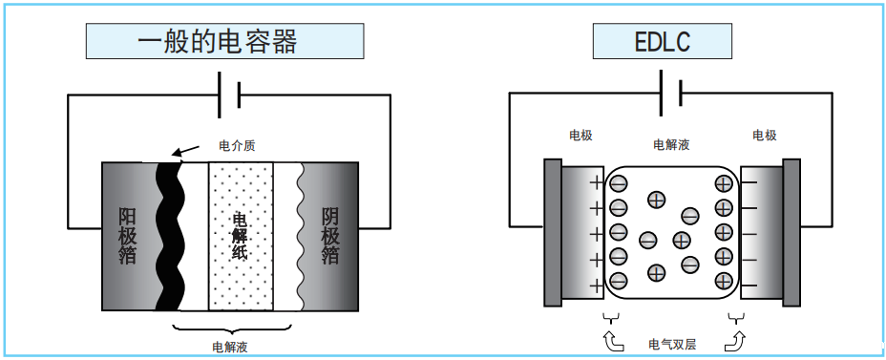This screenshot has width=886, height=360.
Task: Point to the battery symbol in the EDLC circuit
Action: tap(670, 94)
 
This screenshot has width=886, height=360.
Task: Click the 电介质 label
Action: tap(238, 146)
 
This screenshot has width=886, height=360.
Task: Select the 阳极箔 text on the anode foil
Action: tap(127, 235)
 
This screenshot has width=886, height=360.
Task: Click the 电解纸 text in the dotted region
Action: tap(241, 235)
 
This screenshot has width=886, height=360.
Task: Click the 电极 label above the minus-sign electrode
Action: tap(764, 136)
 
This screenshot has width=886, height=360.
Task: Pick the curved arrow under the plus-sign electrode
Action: tap(611, 339)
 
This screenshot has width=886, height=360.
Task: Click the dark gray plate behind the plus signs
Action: tap(553, 234)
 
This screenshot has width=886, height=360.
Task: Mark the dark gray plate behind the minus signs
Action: tap(791, 234)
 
